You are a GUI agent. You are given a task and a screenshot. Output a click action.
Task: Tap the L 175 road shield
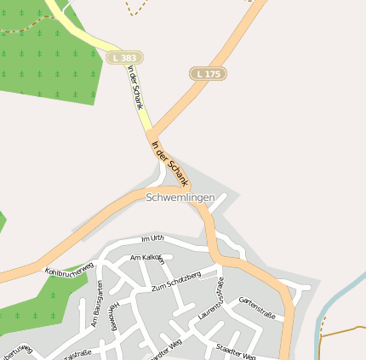[207, 74]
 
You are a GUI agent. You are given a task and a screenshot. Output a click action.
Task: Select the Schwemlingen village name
[180, 197]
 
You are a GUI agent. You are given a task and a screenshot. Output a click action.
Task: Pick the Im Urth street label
[151, 237]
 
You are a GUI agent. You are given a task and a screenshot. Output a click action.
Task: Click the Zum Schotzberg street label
[175, 282]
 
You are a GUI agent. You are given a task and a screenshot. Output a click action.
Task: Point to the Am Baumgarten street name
[97, 304]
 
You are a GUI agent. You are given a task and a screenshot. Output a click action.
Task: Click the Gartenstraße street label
[257, 308]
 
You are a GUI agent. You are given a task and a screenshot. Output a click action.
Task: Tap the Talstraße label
[77, 353]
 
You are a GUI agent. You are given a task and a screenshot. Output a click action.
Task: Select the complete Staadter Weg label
[236, 351]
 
